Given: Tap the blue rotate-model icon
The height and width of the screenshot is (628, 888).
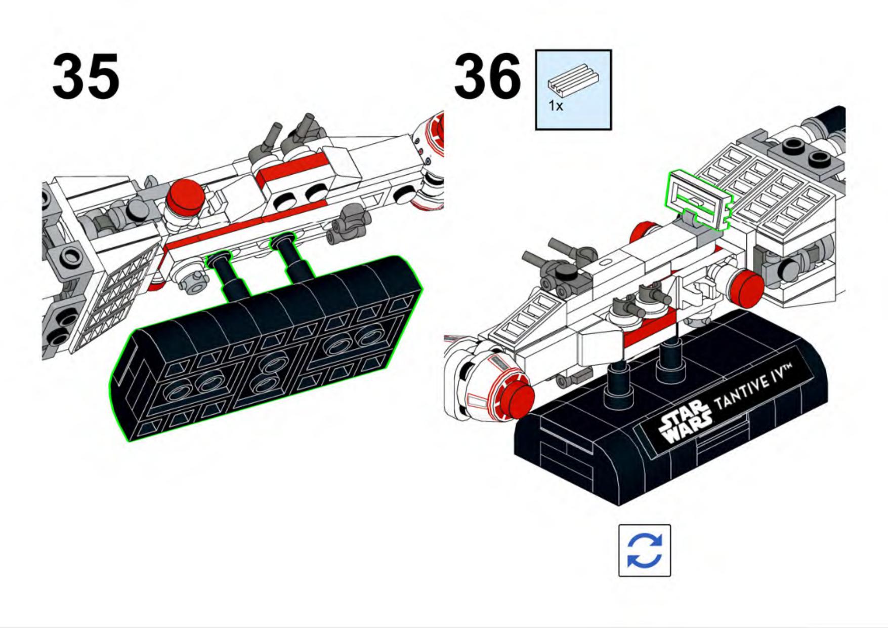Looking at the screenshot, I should [x=644, y=551].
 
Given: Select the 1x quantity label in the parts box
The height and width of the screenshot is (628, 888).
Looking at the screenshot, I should [x=556, y=106].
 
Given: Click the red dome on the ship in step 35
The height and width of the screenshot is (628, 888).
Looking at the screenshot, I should [x=185, y=194].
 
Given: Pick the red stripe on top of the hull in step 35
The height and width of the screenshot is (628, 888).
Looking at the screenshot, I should [x=293, y=167].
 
